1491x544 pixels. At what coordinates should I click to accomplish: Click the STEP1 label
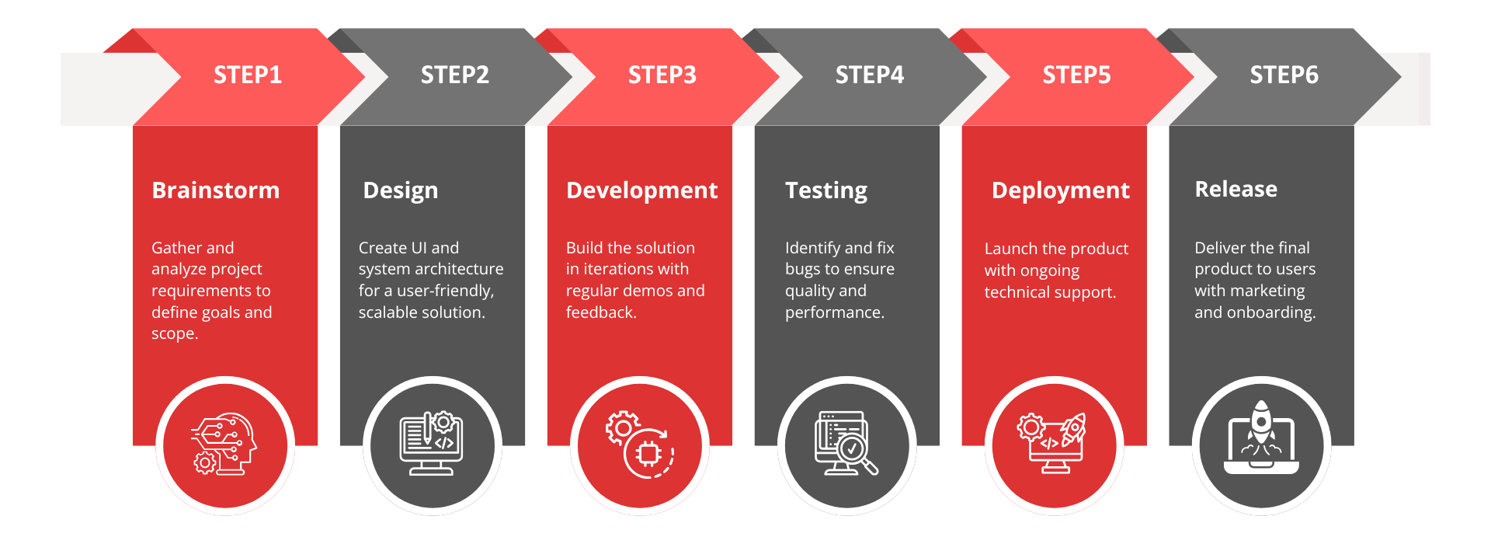pos(248,75)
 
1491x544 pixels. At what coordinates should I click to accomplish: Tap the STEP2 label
pos(455,75)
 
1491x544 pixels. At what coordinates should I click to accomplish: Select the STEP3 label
pos(662,75)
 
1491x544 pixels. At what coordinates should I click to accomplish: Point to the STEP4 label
pos(870,75)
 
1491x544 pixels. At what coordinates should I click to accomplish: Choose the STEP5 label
pos(1077,75)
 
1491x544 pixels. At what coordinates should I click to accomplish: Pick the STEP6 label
pos(1284,75)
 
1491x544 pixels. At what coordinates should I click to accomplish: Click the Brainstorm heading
pos(216,190)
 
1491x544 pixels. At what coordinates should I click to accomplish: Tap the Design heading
pos(401,191)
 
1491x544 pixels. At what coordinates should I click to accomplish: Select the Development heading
pos(642,191)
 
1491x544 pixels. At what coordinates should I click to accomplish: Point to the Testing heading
pos(826,191)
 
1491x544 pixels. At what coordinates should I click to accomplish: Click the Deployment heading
pos(1061,191)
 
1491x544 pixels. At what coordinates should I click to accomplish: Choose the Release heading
pos(1236,189)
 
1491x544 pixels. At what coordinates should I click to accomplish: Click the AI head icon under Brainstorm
pos(225,444)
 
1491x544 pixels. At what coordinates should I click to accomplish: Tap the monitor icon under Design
pos(432,444)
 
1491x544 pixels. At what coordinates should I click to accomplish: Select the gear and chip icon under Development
pos(640,445)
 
